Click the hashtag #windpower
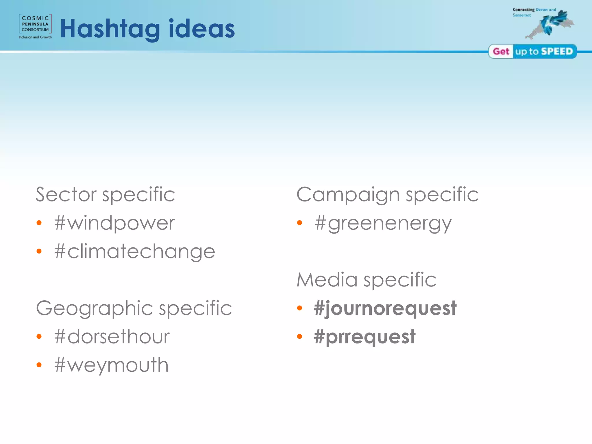[114, 223]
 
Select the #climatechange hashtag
[135, 251]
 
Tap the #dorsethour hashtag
[112, 337]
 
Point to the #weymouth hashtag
[111, 365]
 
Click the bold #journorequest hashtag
[385, 308]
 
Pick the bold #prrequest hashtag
[365, 337]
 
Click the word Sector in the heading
[66, 194]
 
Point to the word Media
[327, 280]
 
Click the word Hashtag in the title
[110, 29]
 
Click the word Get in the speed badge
[501, 51]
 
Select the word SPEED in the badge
[557, 51]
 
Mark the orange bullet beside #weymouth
[39, 365]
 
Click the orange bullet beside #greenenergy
[299, 223]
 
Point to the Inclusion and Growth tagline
[35, 37]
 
